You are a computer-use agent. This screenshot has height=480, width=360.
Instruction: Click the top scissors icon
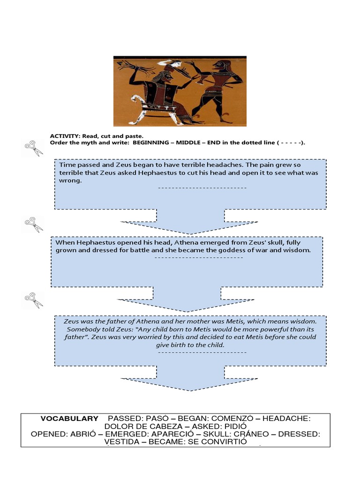click(33, 149)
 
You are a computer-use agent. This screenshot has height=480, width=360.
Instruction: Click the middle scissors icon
click(33, 225)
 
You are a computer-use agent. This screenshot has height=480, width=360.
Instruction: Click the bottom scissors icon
click(33, 300)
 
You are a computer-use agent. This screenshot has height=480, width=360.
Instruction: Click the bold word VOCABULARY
click(69, 419)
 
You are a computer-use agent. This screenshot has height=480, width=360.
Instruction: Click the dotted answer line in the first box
click(202, 188)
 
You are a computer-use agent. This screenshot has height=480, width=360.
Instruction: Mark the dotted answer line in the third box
click(202, 352)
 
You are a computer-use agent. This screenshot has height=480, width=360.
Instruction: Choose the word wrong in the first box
click(69, 180)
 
